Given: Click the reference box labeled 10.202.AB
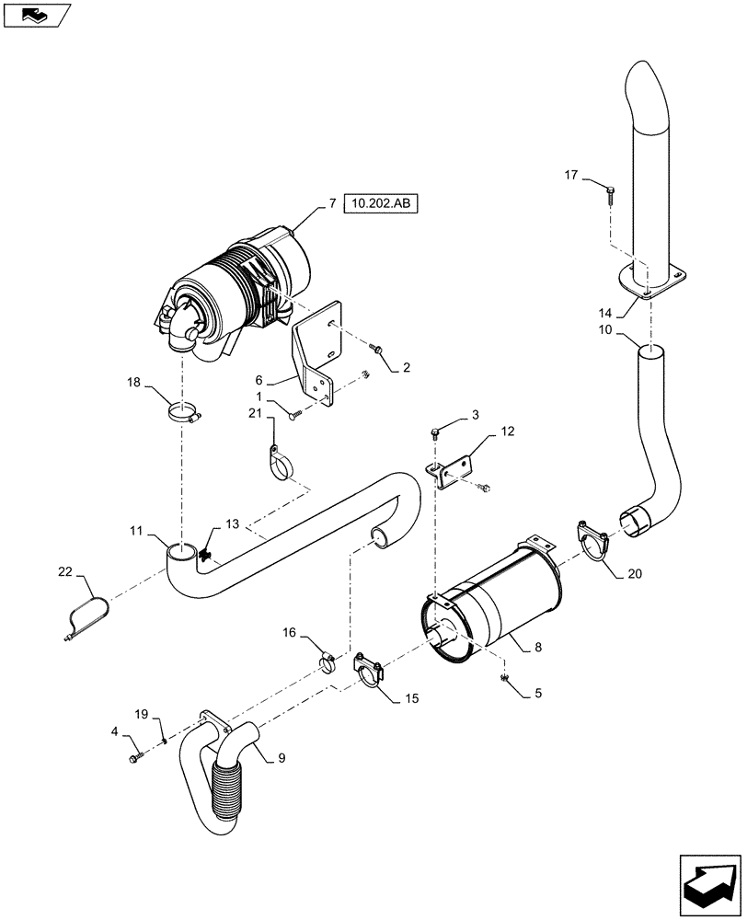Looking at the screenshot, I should (380, 203).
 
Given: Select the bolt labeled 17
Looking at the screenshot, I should (611, 194).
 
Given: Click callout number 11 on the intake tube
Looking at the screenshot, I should (135, 532).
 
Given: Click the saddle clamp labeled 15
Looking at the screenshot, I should (370, 672).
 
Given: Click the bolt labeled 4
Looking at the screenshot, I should (138, 757).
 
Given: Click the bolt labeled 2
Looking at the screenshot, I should (375, 349).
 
